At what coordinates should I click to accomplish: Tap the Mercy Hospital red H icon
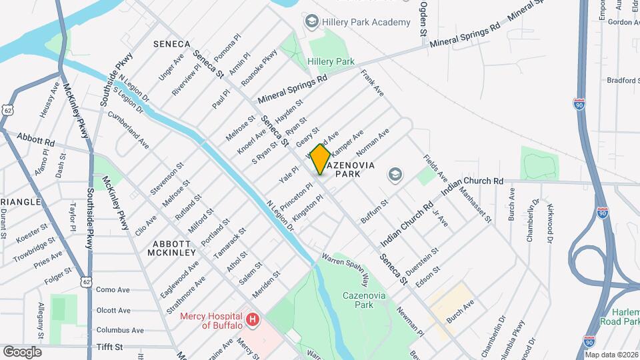[253, 321]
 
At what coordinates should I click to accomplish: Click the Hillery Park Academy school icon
[311, 22]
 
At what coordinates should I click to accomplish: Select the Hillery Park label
[331, 61]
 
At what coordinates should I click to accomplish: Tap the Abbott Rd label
[37, 141]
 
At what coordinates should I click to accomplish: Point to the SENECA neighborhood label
[172, 43]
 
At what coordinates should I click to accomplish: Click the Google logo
[22, 351]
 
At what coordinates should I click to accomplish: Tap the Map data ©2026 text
[611, 355]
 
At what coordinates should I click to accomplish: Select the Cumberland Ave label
[130, 129]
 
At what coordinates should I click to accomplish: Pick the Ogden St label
[423, 18]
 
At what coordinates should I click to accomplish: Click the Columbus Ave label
[120, 330]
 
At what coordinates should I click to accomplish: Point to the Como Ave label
[113, 290]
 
